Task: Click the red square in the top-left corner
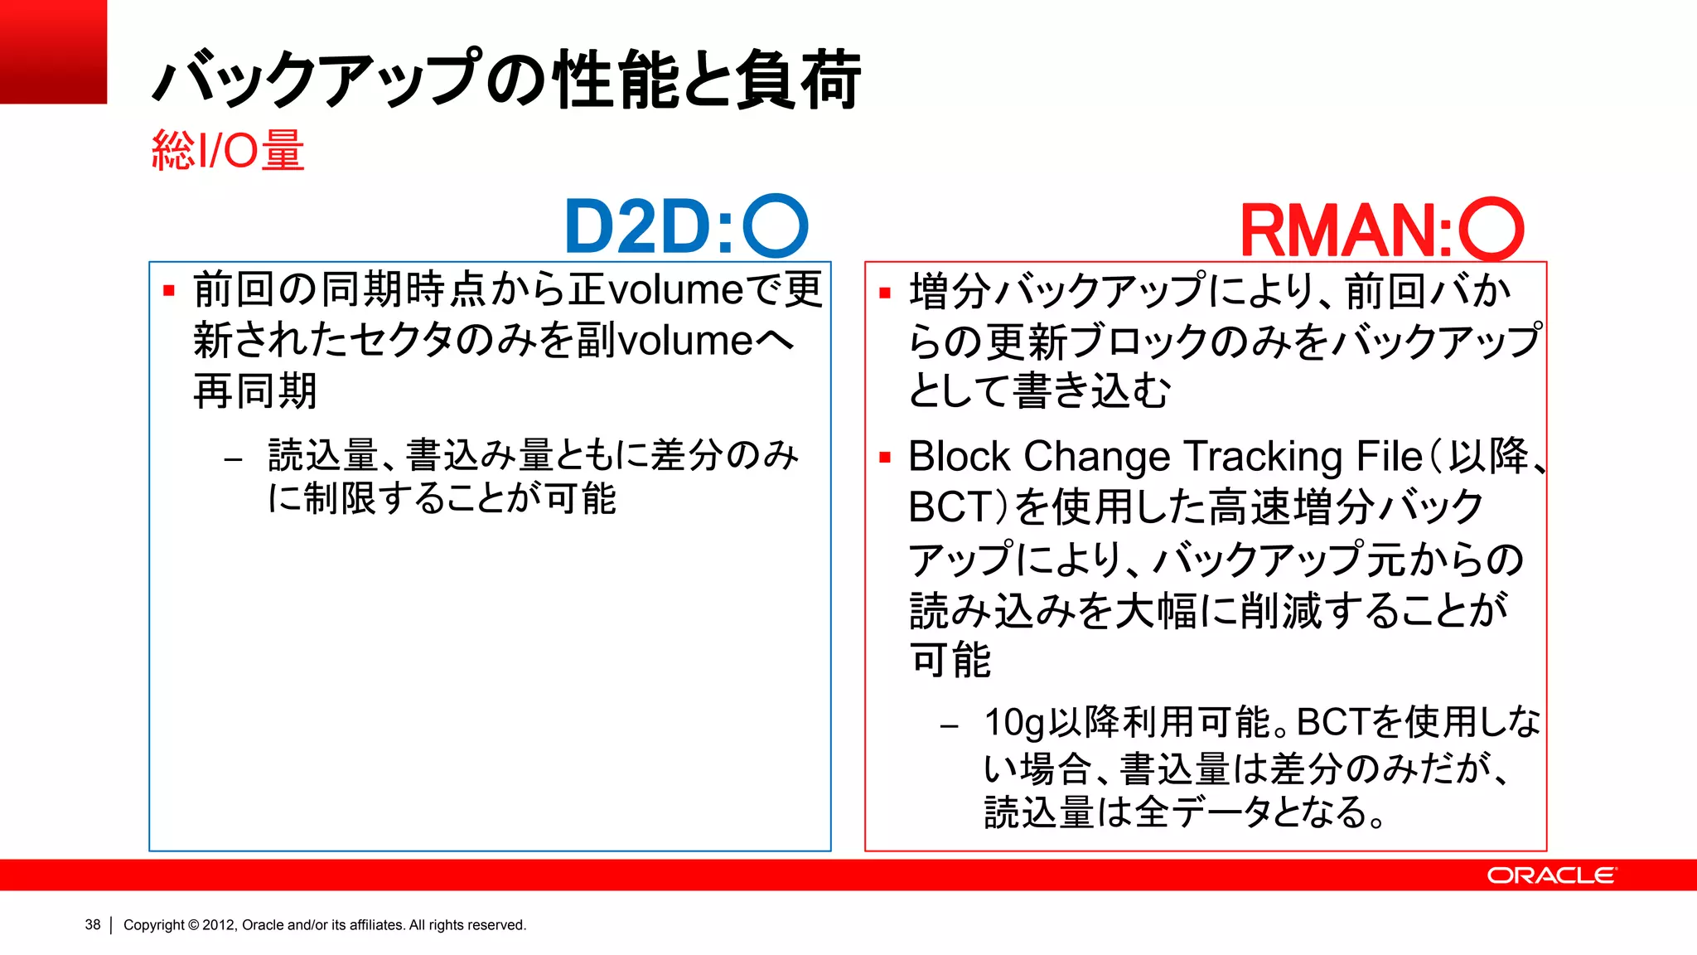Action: [53, 51]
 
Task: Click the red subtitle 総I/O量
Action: [228, 151]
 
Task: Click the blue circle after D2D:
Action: [775, 225]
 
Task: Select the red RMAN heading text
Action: [1346, 231]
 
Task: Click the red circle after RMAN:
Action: [1491, 230]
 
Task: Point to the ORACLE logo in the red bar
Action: [1550, 875]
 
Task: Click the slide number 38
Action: [92, 924]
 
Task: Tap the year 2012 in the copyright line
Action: [219, 925]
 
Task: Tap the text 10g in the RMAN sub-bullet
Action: [1013, 723]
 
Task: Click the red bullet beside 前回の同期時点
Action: [169, 291]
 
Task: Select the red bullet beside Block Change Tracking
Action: [885, 458]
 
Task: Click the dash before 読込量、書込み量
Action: [233, 458]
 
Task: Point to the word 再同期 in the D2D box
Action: [255, 391]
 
